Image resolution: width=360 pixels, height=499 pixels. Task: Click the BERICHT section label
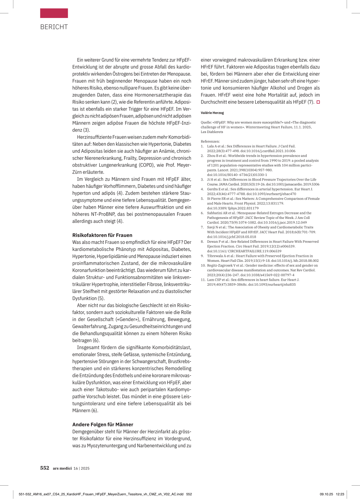point(54,27)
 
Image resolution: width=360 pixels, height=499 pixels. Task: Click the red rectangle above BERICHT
point(54,13)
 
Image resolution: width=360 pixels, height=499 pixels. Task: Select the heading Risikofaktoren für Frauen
point(102,235)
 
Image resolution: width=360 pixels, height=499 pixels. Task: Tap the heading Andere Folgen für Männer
point(103,424)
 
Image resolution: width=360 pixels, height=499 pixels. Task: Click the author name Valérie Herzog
point(212,113)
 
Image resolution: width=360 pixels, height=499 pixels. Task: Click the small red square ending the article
point(318,102)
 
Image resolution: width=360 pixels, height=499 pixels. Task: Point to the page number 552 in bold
point(45,468)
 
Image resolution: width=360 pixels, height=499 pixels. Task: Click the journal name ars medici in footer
point(62,468)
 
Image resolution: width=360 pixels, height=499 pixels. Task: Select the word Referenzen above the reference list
point(210,141)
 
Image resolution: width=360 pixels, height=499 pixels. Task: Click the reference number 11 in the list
point(203,280)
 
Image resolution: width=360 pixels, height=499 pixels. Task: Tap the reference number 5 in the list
point(202,198)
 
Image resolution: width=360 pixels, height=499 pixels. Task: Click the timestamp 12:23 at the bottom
point(340,494)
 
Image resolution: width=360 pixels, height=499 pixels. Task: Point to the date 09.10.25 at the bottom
point(326,494)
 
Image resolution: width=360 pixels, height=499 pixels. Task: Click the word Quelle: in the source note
point(206,122)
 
